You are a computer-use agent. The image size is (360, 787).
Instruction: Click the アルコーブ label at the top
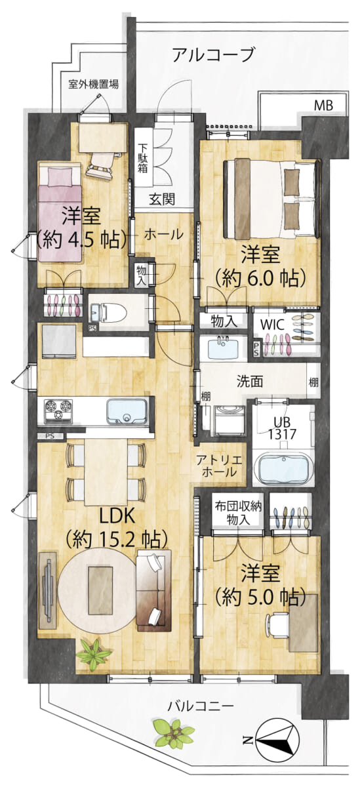coord(213,55)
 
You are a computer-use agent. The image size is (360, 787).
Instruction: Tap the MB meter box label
coord(323,105)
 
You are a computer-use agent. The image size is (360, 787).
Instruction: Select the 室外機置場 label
coord(93,85)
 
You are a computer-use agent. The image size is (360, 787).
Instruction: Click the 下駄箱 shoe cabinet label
coord(142,158)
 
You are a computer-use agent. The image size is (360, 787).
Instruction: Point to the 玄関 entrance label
coord(162,199)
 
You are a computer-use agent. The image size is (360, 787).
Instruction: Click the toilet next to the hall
coord(108,312)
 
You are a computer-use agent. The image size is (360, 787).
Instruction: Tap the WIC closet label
coord(272,324)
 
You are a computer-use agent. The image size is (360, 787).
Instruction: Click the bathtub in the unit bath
coord(285,469)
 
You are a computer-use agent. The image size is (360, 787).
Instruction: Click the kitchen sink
coord(127,411)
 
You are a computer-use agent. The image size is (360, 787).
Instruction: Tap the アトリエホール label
coord(219,465)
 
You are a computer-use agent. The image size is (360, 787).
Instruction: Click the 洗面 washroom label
coord(250,382)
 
